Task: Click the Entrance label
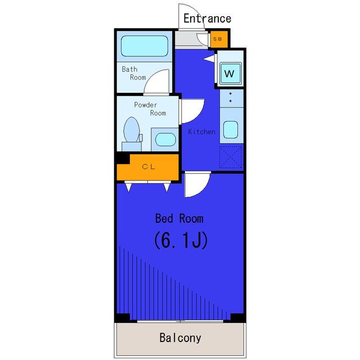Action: pos(207,19)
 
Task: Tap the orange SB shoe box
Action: pos(219,39)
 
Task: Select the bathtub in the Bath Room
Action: pos(145,46)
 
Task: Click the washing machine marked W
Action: pos(230,74)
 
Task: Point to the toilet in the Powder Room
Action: pos(132,134)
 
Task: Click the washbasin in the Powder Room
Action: pos(165,139)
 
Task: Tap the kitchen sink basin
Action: pos(231,130)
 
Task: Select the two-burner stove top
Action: pos(231,98)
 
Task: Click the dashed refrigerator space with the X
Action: pos(231,157)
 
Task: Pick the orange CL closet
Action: pos(148,167)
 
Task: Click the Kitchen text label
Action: pos(201,132)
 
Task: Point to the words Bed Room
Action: pos(179,218)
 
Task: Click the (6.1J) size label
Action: pos(181,240)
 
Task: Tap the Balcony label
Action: pos(180,338)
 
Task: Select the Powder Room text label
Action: pos(150,109)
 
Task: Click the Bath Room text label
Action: pos(134,73)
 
